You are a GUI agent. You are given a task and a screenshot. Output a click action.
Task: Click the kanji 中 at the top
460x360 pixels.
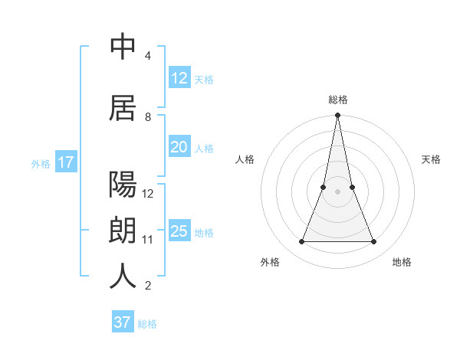[123, 47]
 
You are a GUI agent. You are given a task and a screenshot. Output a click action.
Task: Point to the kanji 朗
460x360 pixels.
[123, 230]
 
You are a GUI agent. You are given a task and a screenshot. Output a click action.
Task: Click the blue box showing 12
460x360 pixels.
[179, 78]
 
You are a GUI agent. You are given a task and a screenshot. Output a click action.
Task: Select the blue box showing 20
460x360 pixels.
[179, 147]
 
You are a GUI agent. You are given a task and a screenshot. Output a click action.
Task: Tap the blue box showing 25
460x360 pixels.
[179, 231]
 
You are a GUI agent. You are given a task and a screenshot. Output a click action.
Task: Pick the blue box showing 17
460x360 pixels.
[65, 162]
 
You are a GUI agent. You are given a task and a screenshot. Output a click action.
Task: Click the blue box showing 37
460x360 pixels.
[123, 322]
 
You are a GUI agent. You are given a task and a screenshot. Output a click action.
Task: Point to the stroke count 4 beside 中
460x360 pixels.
[148, 56]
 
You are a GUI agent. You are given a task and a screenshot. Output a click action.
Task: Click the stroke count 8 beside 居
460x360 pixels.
[148, 116]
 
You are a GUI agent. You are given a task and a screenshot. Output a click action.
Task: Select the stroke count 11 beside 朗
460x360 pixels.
[148, 239]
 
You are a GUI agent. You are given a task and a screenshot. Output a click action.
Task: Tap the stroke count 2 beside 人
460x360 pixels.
[148, 286]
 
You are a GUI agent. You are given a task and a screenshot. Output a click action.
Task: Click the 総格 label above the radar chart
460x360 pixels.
[338, 100]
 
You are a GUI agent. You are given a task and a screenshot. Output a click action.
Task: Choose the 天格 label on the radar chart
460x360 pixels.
[431, 159]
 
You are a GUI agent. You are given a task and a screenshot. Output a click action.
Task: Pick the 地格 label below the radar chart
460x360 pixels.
[402, 262]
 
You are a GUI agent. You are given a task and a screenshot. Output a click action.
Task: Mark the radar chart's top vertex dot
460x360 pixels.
[337, 116]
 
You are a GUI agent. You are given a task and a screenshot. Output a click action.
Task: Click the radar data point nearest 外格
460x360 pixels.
[301, 242]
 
